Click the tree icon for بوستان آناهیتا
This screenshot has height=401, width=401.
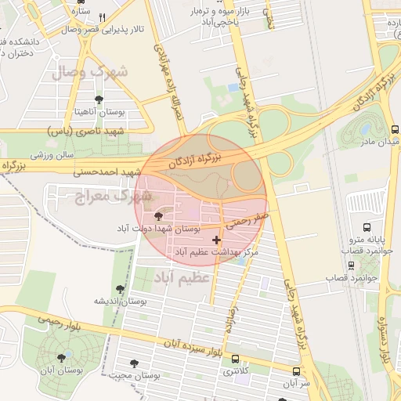[x=98, y=99]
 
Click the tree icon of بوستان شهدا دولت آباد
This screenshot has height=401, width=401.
[x=159, y=215]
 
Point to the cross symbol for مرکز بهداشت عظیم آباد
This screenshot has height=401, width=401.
[x=216, y=238]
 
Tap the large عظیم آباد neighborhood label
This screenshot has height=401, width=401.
[x=182, y=277]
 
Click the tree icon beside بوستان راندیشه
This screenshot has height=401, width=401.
[x=120, y=288]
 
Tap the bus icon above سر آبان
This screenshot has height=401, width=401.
[x=295, y=371]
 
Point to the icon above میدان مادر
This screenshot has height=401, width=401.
[x=393, y=129]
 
